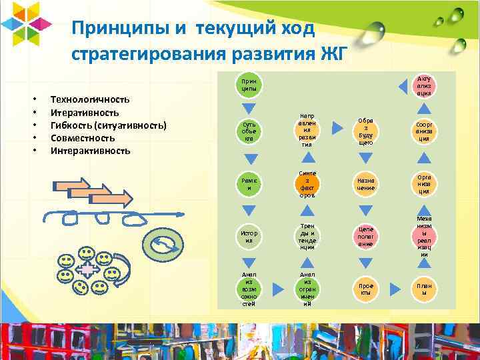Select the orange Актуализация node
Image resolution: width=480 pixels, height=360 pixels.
[423, 86]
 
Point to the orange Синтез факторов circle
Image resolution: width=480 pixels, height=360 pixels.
[307, 184]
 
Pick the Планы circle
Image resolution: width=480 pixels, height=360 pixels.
[423, 289]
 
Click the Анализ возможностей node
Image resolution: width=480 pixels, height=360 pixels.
[248, 289]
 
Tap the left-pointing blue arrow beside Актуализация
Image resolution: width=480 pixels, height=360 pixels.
[403, 87]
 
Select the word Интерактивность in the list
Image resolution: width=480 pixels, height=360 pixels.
[91, 151]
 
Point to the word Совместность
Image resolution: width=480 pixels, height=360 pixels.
[83, 138]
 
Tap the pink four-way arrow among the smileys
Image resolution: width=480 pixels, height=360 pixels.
[87, 269]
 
